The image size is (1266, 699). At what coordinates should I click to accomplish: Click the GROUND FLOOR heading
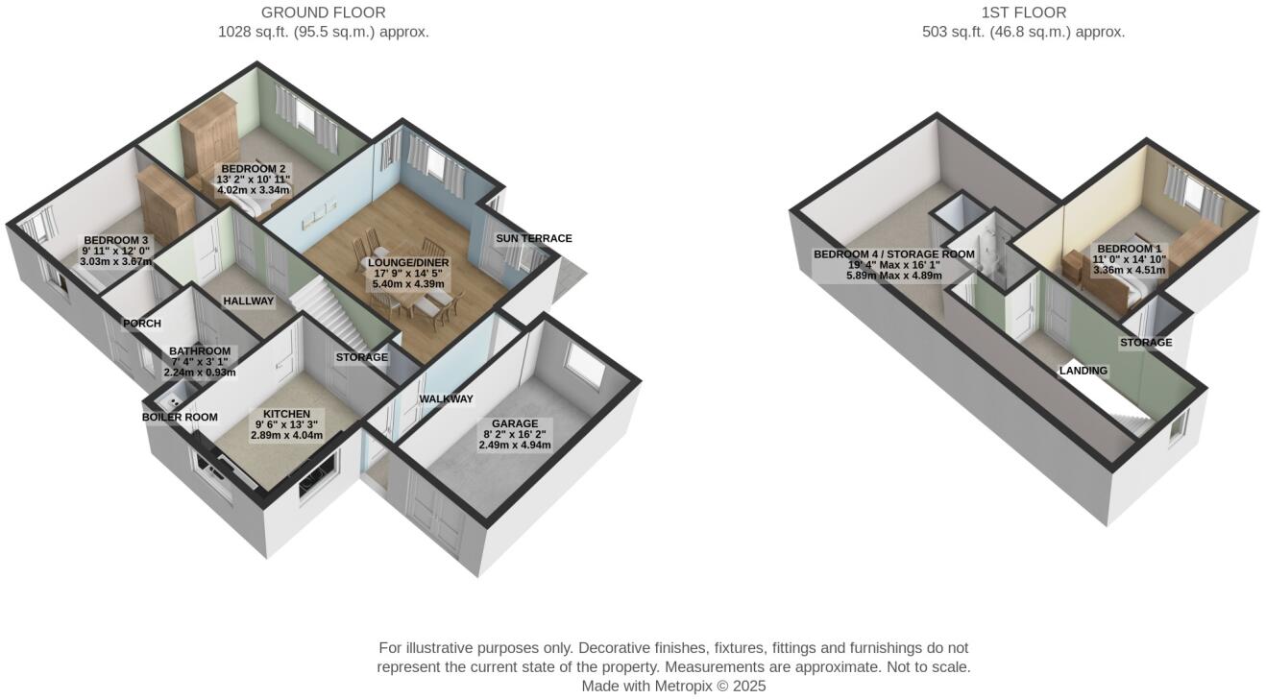[x=323, y=12]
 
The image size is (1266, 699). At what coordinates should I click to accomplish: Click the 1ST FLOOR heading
[x=1023, y=12]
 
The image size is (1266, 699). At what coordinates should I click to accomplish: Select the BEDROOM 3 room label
[x=116, y=240]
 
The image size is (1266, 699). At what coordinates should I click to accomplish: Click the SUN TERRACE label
[x=533, y=238]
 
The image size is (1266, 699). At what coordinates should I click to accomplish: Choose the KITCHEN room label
[x=286, y=414]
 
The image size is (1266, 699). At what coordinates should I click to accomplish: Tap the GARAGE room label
[x=515, y=423]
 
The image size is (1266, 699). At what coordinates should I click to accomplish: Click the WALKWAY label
[x=446, y=398]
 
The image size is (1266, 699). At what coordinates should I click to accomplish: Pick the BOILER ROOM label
[x=180, y=417]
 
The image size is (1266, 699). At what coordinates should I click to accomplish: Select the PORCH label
[x=141, y=324]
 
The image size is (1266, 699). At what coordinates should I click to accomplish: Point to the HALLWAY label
[x=248, y=301]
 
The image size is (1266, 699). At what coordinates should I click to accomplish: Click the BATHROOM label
[x=199, y=351]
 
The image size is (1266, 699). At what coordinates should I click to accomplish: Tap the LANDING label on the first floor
[x=1083, y=370]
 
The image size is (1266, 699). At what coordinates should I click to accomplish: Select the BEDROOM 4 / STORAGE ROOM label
[x=893, y=254]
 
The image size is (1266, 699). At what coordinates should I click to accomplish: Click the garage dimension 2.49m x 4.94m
[x=515, y=445]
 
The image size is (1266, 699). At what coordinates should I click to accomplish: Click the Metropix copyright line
[x=673, y=686]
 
